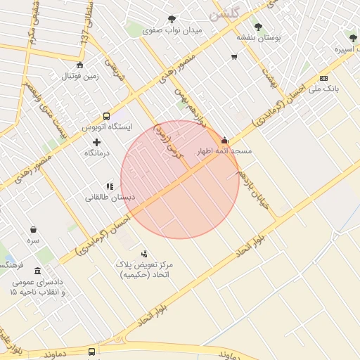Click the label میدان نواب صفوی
tap(172, 31)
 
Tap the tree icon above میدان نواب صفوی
tap(172, 19)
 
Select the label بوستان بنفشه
tap(258, 38)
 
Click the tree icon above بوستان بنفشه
tap(258, 27)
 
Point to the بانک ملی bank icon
tap(323, 78)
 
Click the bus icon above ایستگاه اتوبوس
tap(106, 116)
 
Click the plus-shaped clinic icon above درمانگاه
tap(96, 142)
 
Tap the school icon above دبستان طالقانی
tap(109, 186)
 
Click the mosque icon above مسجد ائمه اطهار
tap(224, 139)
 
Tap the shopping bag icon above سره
tap(33, 229)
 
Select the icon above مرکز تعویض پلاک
tap(145, 254)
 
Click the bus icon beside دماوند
tap(92, 351)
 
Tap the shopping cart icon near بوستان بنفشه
tap(233, 57)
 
